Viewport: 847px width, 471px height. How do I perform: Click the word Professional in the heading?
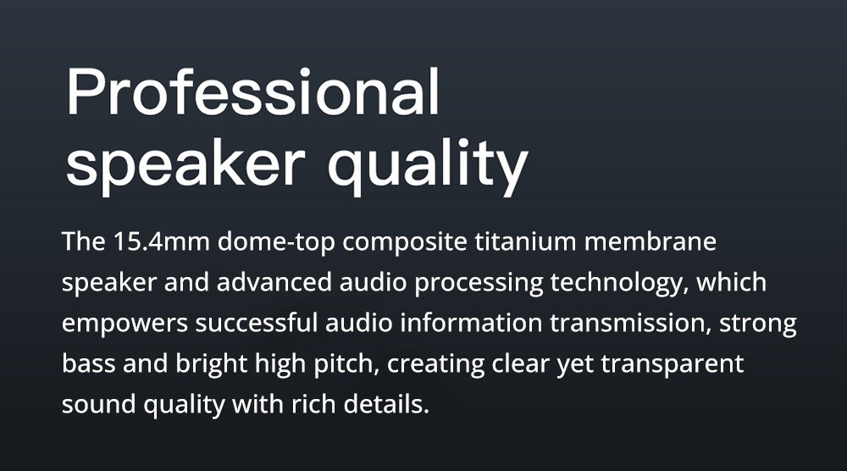252,91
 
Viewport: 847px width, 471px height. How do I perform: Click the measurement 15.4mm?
161,241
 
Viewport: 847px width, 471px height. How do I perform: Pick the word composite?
405,242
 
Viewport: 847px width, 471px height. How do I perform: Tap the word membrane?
650,241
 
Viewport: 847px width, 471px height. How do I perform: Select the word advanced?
274,282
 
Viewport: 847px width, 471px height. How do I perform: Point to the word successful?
256,323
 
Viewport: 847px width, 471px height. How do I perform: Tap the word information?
471,323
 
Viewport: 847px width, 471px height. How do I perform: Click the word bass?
89,363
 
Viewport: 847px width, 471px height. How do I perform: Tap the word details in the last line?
386,403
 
